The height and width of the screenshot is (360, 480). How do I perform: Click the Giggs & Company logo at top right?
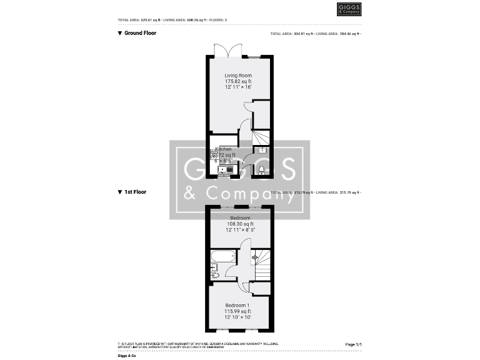coord(349,9)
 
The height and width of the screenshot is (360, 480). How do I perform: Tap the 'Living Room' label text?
coord(239,76)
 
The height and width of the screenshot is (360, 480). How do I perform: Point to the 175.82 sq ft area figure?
coord(239,81)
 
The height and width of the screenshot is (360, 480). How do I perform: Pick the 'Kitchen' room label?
coord(224,149)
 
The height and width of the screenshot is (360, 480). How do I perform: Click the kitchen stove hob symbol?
coord(214,154)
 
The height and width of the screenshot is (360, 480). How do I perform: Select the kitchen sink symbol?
coord(224,169)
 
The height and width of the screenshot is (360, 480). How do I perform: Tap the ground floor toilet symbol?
coord(261,169)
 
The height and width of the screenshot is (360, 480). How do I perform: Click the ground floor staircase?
coord(261,136)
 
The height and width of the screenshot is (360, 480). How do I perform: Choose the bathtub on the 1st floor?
coord(222,256)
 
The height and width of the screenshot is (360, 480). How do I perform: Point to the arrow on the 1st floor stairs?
coord(254,257)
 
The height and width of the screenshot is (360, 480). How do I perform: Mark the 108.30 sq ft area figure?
coord(240,224)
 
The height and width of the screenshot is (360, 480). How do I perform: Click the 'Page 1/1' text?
coord(353,344)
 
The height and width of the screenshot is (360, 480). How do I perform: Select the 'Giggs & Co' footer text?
coord(127,354)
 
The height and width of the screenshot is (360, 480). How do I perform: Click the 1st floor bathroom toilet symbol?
coord(214,273)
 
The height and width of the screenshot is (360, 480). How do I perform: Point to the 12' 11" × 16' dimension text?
coord(239,87)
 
